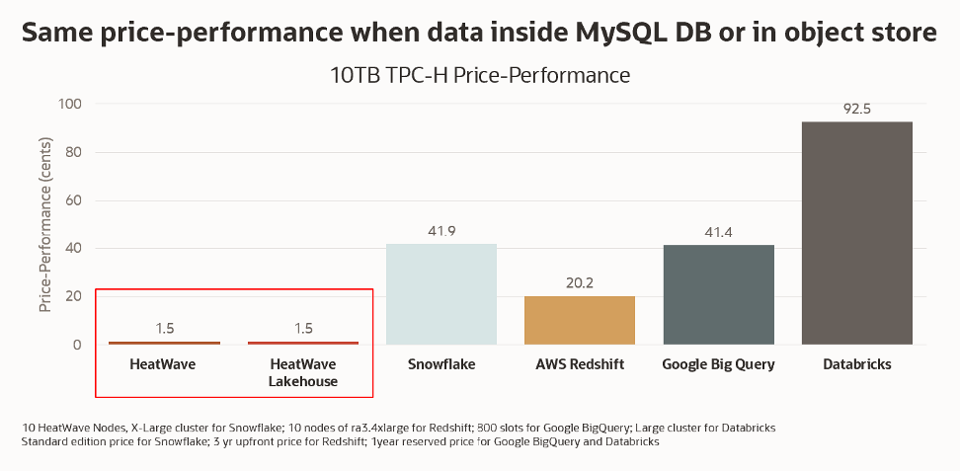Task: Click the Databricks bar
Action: (x=856, y=233)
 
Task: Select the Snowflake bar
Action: (x=441, y=294)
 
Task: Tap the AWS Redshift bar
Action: (x=580, y=320)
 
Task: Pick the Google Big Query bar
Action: (x=718, y=295)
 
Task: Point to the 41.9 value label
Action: (x=441, y=231)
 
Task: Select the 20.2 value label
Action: (x=580, y=283)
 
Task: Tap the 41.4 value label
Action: (x=718, y=233)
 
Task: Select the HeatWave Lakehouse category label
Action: (x=303, y=372)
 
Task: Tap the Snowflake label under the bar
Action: (x=441, y=364)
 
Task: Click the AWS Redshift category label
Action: (x=580, y=364)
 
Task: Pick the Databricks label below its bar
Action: (x=856, y=364)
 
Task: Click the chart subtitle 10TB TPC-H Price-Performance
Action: (x=480, y=75)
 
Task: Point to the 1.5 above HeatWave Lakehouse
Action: (x=303, y=328)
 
